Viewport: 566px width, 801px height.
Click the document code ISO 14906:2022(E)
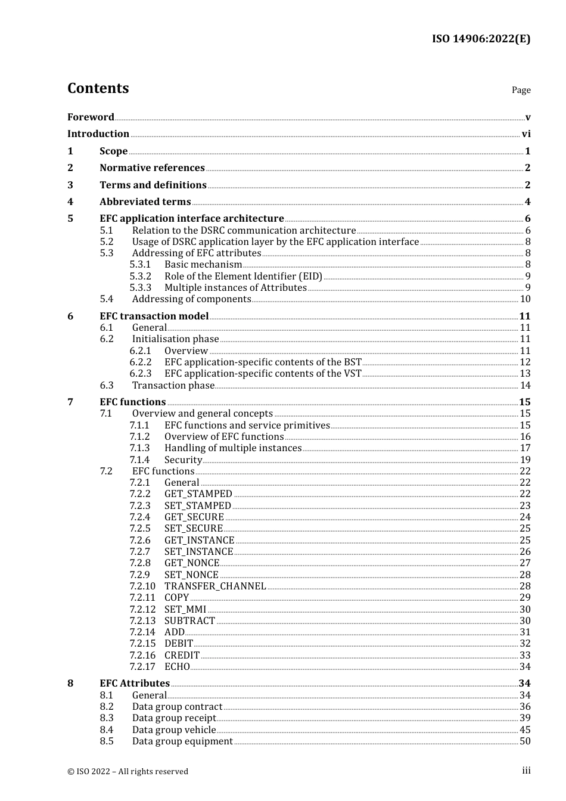tap(481, 39)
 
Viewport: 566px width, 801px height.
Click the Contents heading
tap(98, 88)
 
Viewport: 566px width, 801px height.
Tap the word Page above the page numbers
tap(521, 90)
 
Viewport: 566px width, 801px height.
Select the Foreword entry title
tap(91, 117)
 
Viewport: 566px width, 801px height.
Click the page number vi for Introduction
tap(526, 134)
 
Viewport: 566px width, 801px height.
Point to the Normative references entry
tap(152, 168)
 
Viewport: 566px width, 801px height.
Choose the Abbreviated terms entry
tap(145, 202)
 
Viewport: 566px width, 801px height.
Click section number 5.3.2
tap(141, 277)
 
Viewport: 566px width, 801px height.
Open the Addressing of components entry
tap(191, 299)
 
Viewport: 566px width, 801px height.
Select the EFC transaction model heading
tap(154, 316)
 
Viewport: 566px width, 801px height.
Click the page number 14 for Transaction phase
tap(525, 386)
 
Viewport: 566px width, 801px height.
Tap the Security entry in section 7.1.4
tap(183, 460)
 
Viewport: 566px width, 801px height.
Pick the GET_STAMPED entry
tap(198, 494)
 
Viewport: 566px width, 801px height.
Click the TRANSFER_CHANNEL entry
tap(215, 586)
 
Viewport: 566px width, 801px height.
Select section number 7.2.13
tap(142, 621)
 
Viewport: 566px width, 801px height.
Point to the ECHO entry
tap(177, 667)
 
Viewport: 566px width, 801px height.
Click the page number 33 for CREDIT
tap(525, 656)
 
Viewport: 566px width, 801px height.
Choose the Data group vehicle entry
tap(174, 730)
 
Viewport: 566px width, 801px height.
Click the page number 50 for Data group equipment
tap(525, 741)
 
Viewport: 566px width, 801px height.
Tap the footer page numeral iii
tap(526, 771)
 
